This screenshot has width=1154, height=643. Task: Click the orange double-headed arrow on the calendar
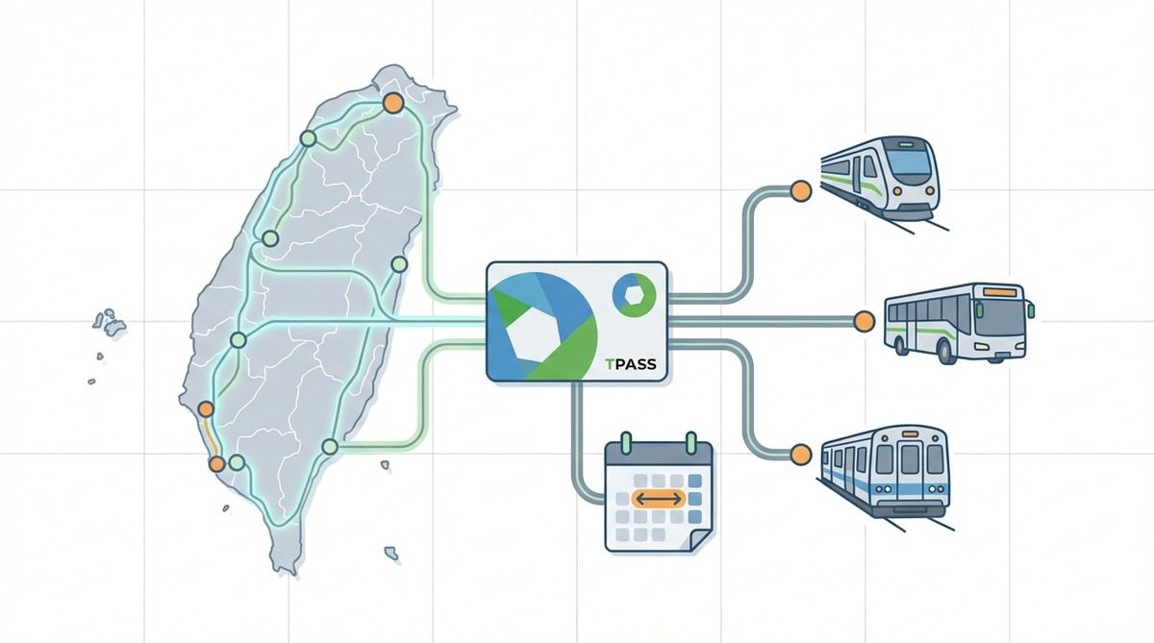[659, 499]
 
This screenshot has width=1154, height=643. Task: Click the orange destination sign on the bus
[1001, 289]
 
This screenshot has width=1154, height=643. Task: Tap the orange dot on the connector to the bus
[864, 321]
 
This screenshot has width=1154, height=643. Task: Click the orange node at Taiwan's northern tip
[391, 103]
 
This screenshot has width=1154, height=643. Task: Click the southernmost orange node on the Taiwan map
[217, 464]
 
